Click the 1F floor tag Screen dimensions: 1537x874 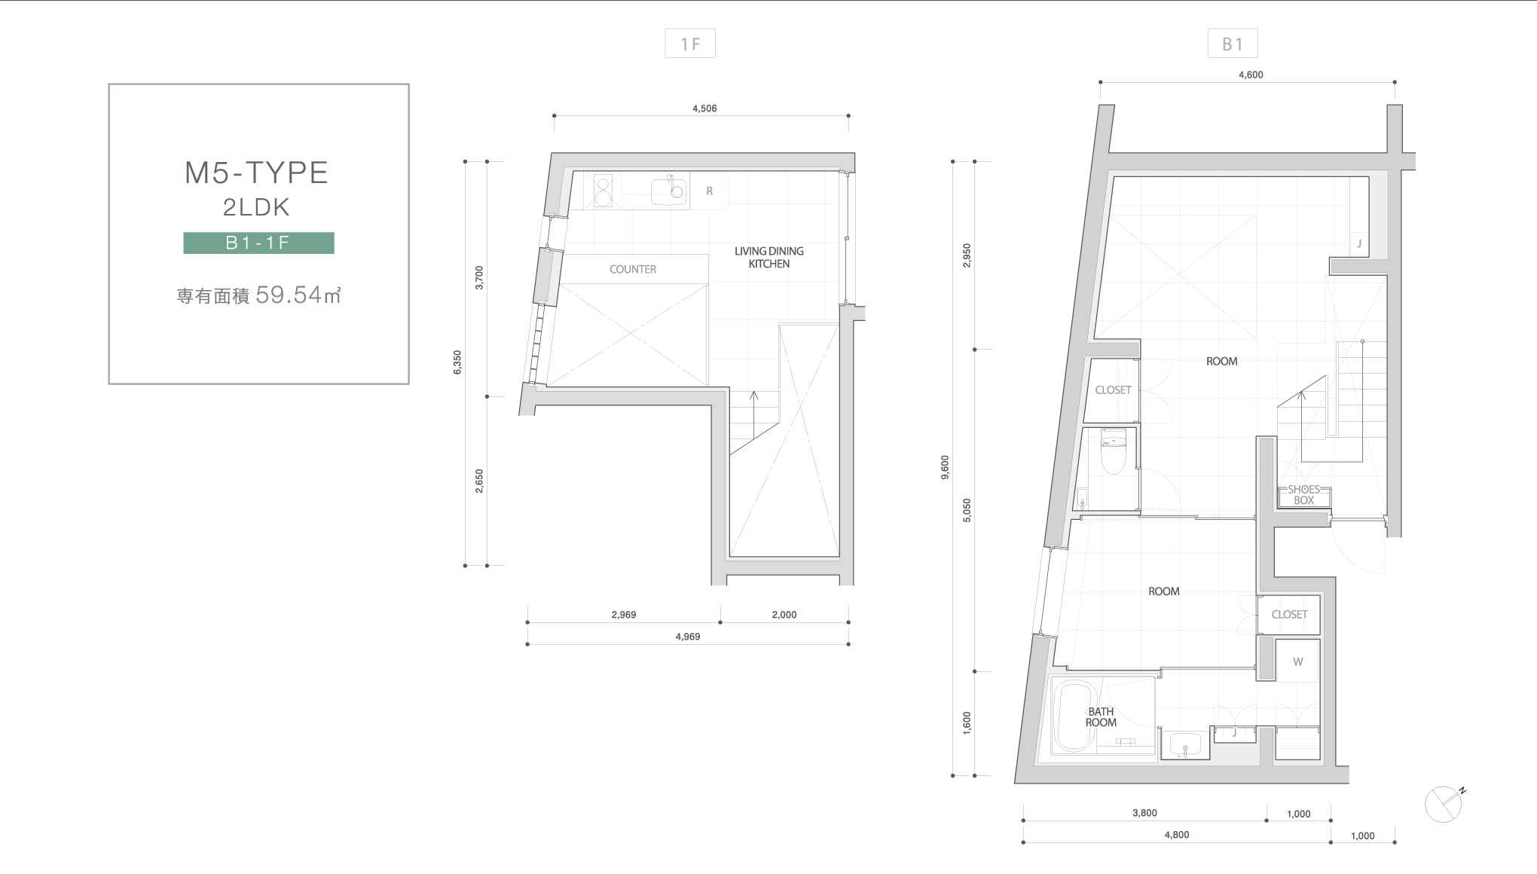coord(690,44)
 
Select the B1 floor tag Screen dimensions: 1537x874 coord(1233,44)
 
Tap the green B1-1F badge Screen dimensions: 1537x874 coord(258,243)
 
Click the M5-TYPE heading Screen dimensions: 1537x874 coord(257,173)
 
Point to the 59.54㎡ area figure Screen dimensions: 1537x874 coord(299,295)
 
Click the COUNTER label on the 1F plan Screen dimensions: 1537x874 coord(633,269)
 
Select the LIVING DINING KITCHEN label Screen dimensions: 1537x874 coord(769,257)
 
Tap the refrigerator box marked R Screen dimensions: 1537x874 coord(709,191)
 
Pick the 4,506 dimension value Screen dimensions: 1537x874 coord(704,108)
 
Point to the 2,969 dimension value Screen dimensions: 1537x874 coord(624,615)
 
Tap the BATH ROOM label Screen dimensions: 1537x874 coord(1101,717)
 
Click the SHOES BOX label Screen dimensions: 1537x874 coord(1303,495)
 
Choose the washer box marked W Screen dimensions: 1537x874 coord(1297,662)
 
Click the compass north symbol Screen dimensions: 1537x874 coord(1444,804)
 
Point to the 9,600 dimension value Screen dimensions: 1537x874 coord(946,467)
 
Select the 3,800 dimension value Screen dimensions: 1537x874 coord(1144,813)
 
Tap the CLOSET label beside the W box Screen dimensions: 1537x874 coord(1289,614)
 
